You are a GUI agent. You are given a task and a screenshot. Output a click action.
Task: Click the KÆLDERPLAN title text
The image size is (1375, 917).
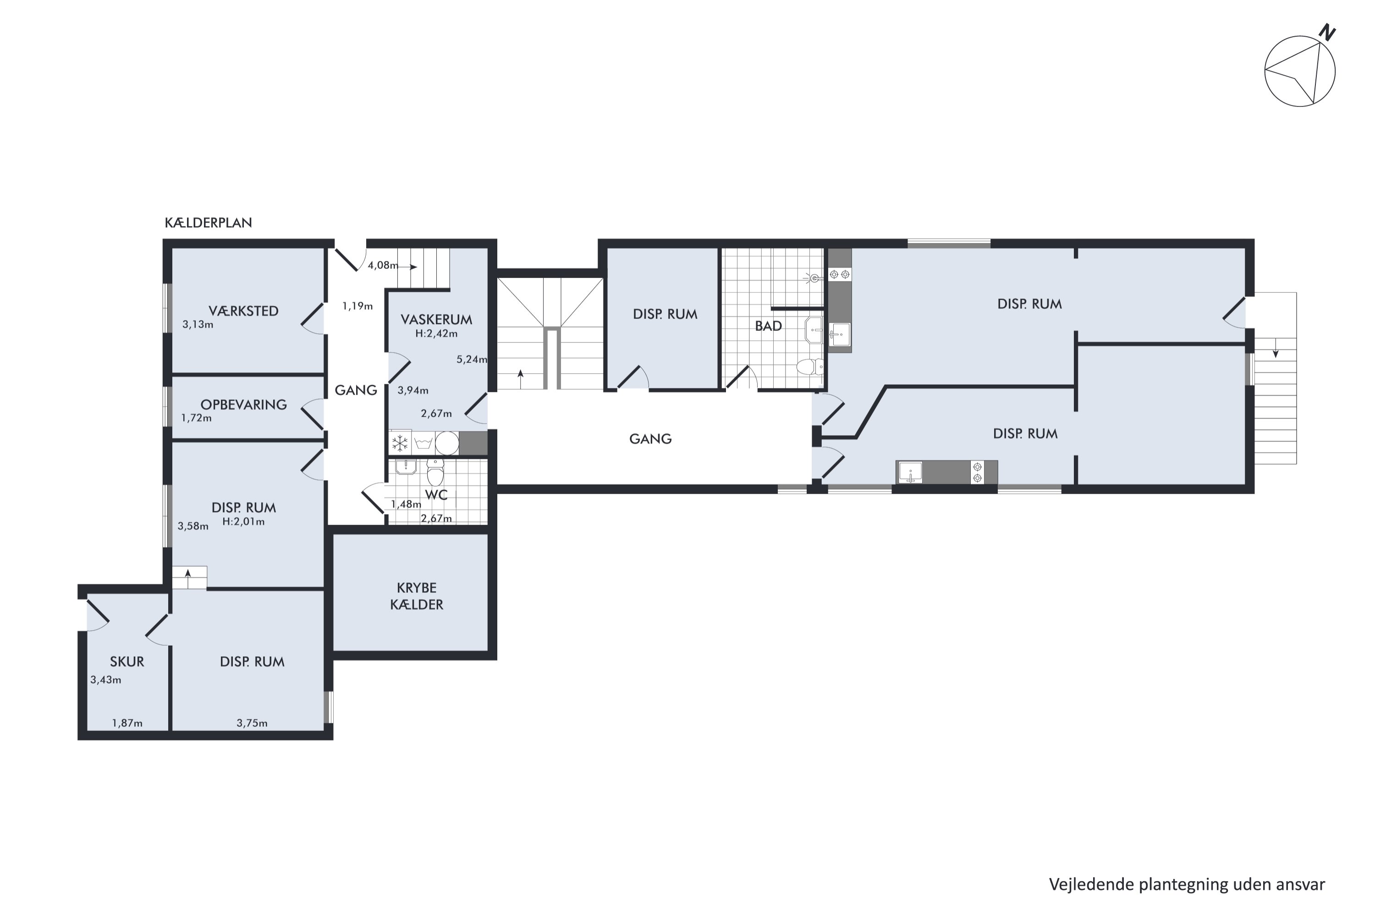click(208, 223)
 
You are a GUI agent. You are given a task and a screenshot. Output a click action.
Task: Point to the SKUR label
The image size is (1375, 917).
click(127, 662)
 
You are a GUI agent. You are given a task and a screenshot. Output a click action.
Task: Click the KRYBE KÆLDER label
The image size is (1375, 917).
click(416, 596)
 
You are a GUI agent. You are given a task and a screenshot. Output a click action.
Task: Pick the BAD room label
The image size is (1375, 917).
click(768, 326)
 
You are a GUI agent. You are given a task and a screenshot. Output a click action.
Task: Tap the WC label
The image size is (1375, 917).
click(436, 495)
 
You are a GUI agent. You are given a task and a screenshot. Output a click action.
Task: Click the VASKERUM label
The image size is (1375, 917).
click(436, 319)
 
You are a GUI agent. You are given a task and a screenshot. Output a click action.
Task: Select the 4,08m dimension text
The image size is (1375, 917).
click(383, 265)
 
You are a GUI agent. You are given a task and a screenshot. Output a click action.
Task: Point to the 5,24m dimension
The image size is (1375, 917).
click(472, 359)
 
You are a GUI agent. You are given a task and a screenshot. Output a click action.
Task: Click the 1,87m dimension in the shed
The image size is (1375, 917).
click(127, 724)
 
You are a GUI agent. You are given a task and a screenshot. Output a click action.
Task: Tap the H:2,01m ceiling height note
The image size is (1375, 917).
click(243, 522)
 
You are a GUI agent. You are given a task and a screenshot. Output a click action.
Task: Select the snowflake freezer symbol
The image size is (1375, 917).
click(400, 443)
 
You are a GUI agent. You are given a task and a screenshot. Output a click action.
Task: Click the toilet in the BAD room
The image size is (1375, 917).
click(810, 367)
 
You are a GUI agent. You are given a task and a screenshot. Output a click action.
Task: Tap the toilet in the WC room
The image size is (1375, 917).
click(435, 471)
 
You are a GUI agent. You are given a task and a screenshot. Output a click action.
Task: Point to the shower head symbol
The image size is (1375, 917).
click(815, 278)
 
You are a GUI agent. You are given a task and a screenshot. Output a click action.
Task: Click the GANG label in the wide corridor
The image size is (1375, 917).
click(650, 439)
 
